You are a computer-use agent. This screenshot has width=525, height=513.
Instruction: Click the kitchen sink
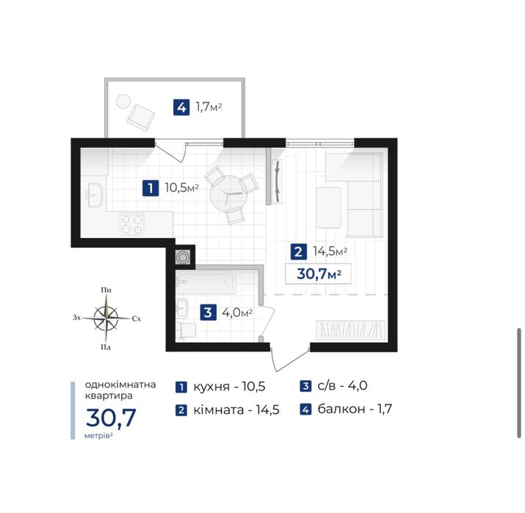click(95, 195)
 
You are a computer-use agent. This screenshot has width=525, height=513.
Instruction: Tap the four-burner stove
click(132, 224)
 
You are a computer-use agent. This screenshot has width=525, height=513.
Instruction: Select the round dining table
click(229, 194)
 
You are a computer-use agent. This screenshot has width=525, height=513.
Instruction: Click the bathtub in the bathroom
click(206, 282)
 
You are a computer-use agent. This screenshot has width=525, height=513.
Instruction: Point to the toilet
click(186, 330)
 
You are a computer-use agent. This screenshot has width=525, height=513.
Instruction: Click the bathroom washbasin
click(182, 308)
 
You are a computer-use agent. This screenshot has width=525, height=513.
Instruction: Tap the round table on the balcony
click(123, 101)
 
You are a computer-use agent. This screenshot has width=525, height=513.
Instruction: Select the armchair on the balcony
click(141, 117)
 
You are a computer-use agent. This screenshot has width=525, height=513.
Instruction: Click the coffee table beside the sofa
click(328, 208)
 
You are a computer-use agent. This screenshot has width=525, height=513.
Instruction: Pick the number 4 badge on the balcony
click(181, 107)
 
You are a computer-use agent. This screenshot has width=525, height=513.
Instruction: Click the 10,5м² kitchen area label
click(182, 188)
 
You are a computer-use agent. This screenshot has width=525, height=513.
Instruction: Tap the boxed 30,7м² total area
click(319, 274)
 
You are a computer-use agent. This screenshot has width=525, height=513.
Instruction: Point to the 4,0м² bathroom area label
click(237, 313)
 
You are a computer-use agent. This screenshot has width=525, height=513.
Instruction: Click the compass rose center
click(106, 317)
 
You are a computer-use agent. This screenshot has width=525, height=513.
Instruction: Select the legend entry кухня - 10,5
click(221, 387)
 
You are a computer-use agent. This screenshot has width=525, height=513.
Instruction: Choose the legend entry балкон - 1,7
click(346, 409)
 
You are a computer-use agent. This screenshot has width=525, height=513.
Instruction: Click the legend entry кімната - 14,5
click(228, 410)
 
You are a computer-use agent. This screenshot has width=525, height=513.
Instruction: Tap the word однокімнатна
click(120, 384)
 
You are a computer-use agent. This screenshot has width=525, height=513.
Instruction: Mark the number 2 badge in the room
click(298, 251)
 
